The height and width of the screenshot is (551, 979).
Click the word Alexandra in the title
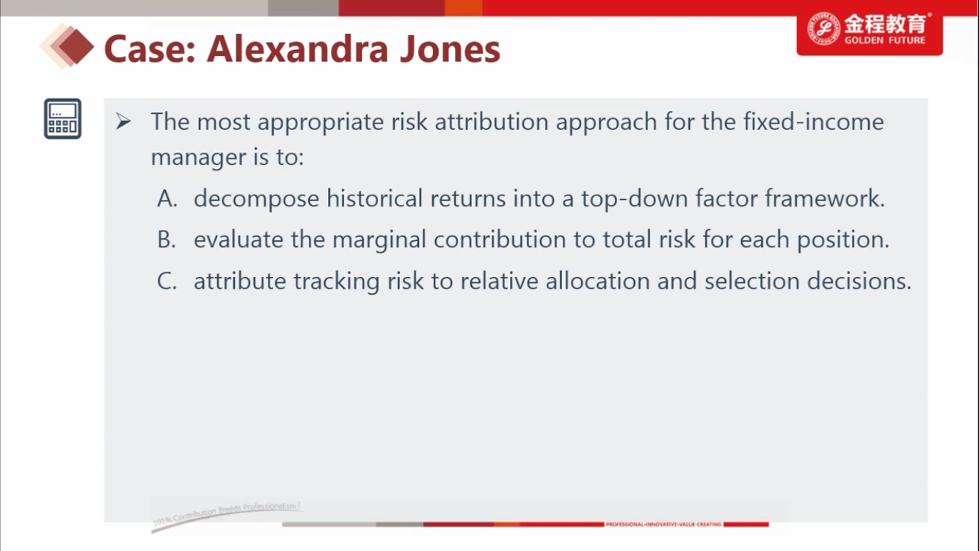(x=297, y=48)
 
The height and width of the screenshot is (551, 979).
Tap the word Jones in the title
(x=450, y=48)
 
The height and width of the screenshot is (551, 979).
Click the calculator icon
(x=62, y=118)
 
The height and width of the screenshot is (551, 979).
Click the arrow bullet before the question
(x=123, y=121)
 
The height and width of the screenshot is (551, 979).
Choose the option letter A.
(x=167, y=198)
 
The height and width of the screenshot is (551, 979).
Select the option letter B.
(x=167, y=240)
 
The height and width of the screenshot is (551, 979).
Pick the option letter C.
(x=167, y=281)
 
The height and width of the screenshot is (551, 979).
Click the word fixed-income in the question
(x=813, y=122)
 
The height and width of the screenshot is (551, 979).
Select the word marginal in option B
(x=379, y=240)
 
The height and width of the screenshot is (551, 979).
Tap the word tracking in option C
(x=337, y=281)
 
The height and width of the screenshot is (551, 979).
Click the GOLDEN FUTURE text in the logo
(x=885, y=40)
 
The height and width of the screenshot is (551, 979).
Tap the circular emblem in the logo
(x=823, y=29)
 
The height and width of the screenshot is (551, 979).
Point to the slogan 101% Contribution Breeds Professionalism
(x=226, y=513)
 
